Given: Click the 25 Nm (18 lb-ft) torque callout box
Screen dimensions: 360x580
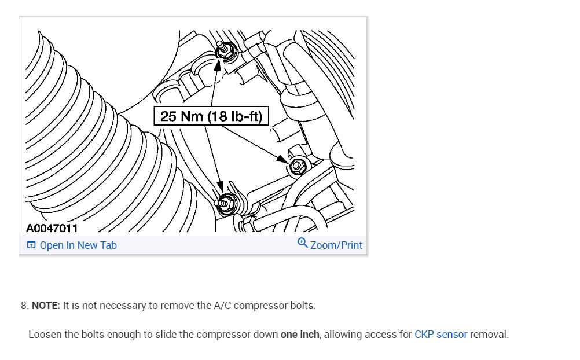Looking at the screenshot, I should coord(211,116).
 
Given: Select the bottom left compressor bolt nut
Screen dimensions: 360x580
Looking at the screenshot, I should coord(226,203).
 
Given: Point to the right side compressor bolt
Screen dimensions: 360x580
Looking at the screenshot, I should coord(297,166).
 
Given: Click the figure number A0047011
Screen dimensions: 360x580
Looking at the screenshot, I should coord(52,229).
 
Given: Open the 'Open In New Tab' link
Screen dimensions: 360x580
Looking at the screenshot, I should coord(78,245).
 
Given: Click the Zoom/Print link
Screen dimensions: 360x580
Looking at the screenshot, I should coord(336,245).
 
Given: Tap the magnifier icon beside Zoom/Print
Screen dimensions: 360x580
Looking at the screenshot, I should coord(303,244).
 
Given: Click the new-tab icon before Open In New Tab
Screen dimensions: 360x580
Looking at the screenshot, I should coord(31,245).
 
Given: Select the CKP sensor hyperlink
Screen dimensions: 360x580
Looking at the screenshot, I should coord(440,335).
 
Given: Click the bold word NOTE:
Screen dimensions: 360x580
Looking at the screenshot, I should coord(46,306).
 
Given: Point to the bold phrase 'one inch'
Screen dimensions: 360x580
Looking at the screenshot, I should coord(300,335).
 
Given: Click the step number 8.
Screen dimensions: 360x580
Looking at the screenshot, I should coord(24,306).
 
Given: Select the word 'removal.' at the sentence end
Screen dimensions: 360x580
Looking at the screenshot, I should coord(489,335).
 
